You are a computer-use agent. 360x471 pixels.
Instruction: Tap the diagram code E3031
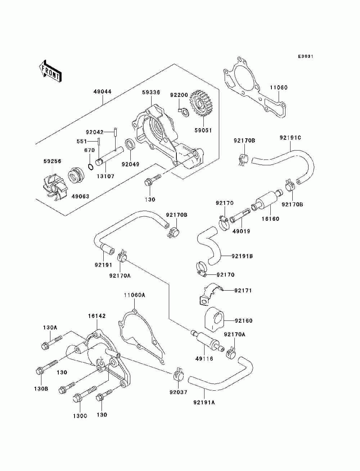(x=306, y=57)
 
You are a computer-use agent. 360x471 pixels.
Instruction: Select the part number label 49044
(x=102, y=91)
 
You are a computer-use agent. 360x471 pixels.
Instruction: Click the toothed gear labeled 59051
(x=200, y=103)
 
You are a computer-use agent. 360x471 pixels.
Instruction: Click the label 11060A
(x=134, y=295)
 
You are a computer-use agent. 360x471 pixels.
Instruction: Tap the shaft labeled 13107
(x=109, y=156)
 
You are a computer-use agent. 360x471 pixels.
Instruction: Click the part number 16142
(x=97, y=316)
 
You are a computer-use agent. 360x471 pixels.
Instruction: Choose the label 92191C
(x=290, y=138)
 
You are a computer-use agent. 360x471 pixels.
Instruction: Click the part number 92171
(x=243, y=291)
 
